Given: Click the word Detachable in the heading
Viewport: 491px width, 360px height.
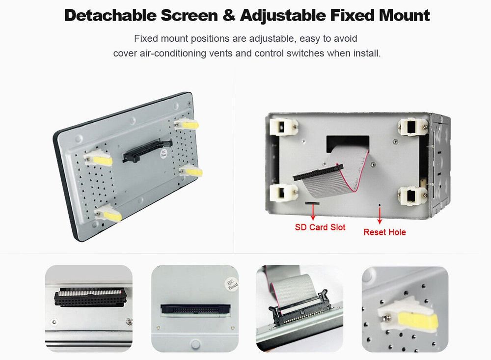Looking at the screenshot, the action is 109,15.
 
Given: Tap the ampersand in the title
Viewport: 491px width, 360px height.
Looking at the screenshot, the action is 229,15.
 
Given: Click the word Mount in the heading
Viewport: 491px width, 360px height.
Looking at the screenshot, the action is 404,15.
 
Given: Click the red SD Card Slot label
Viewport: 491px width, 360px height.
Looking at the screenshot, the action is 320,227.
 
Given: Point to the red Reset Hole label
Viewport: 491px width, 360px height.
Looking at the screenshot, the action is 384,232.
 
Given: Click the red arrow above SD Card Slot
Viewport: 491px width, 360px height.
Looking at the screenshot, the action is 313,212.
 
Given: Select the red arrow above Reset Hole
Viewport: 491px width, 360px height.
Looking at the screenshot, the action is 380,216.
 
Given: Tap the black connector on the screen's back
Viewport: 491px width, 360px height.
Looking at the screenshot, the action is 147,150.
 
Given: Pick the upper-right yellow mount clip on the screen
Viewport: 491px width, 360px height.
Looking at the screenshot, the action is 187,124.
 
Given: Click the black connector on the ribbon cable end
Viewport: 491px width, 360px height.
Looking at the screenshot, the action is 318,172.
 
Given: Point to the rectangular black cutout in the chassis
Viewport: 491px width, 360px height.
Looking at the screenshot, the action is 348,143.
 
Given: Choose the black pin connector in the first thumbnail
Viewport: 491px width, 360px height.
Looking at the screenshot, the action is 91,297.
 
